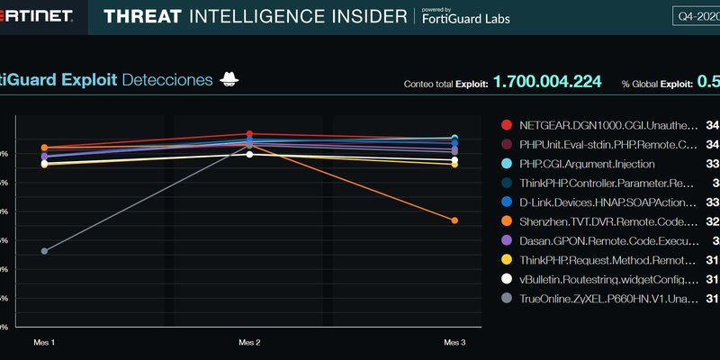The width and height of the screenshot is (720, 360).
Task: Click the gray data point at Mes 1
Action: (44, 251)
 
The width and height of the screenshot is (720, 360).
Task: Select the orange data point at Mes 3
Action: (454, 220)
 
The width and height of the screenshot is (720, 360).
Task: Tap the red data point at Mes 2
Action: (249, 134)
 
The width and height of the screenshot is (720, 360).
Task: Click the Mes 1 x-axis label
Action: (44, 343)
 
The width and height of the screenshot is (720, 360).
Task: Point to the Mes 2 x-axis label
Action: (249, 343)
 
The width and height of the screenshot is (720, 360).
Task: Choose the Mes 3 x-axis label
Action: (454, 343)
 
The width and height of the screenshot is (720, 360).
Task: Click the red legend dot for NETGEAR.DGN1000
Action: (507, 124)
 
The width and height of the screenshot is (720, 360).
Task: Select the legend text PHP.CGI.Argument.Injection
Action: (587, 164)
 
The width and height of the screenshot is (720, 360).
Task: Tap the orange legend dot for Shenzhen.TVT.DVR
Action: (507, 220)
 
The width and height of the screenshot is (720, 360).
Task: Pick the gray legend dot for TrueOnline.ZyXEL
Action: (507, 299)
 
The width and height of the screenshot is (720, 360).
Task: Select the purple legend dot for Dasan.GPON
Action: (507, 240)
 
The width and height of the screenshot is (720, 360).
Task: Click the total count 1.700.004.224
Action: (547, 82)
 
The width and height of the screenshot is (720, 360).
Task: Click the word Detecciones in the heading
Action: (166, 80)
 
